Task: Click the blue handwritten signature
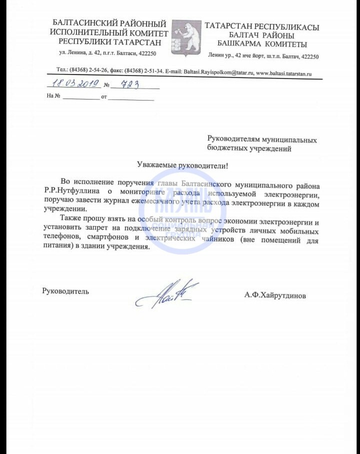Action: tap(167, 294)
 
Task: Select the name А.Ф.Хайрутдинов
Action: tap(275, 295)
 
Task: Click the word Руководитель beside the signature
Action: tap(65, 291)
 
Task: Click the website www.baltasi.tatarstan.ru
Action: tap(283, 72)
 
